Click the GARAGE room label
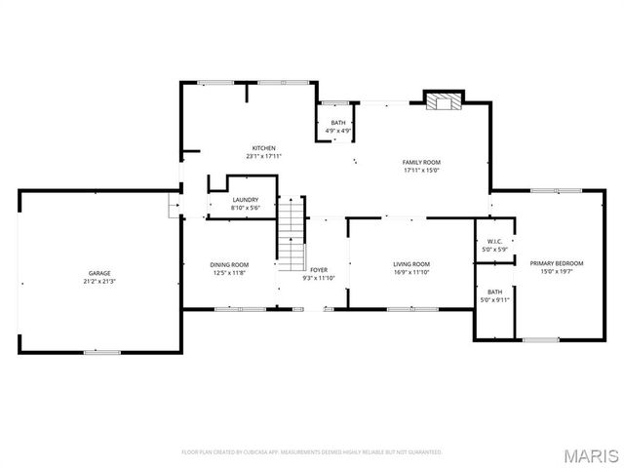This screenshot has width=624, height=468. click(x=99, y=273)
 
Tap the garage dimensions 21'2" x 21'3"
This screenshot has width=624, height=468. click(x=99, y=281)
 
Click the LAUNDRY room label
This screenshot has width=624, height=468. click(x=245, y=200)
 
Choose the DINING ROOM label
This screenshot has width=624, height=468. click(x=229, y=264)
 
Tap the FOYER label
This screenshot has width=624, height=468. click(x=320, y=270)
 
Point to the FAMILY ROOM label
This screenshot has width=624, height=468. click(x=422, y=161)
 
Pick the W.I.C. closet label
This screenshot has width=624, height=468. click(x=494, y=242)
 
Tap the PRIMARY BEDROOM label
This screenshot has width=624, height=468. click(x=557, y=263)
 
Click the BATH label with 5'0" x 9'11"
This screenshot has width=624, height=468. click(x=494, y=292)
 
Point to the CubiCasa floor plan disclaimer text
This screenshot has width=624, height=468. click(x=312, y=452)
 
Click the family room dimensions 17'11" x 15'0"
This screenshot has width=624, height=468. click(x=422, y=170)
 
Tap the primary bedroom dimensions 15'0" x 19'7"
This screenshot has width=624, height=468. click(x=557, y=272)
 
